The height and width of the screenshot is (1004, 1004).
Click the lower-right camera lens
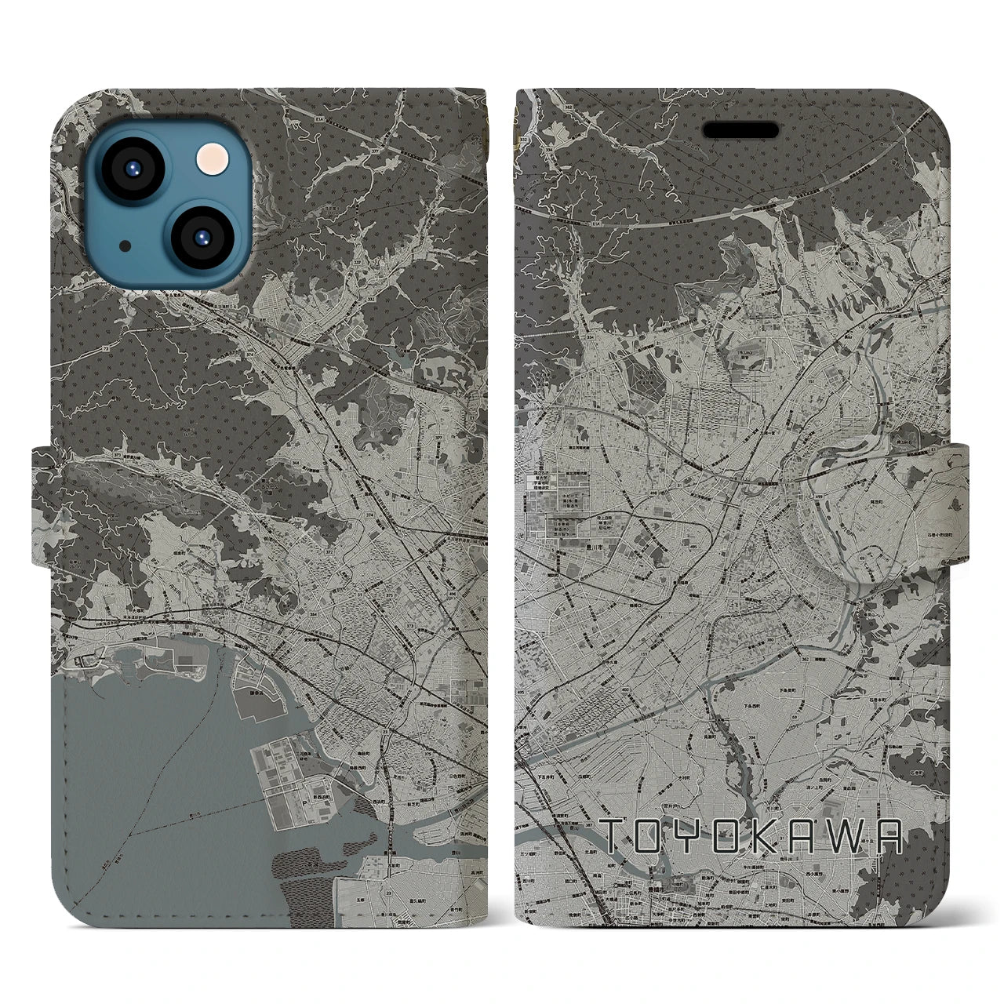tap(201, 236)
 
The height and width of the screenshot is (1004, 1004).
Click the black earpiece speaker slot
tap(740, 130)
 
